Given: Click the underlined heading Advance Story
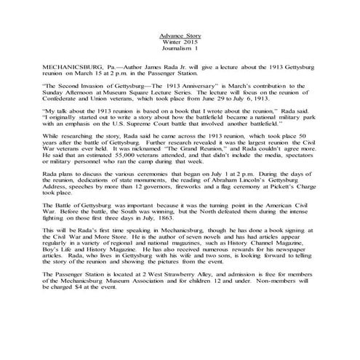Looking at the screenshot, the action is point(180,36).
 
